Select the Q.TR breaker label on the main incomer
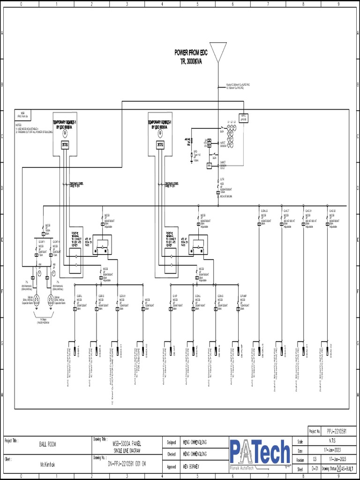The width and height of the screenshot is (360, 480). click(222, 180)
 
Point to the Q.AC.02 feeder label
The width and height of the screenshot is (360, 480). click(332, 211)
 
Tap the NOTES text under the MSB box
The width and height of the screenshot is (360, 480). click(19, 125)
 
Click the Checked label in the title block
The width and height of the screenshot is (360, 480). click(171, 454)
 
